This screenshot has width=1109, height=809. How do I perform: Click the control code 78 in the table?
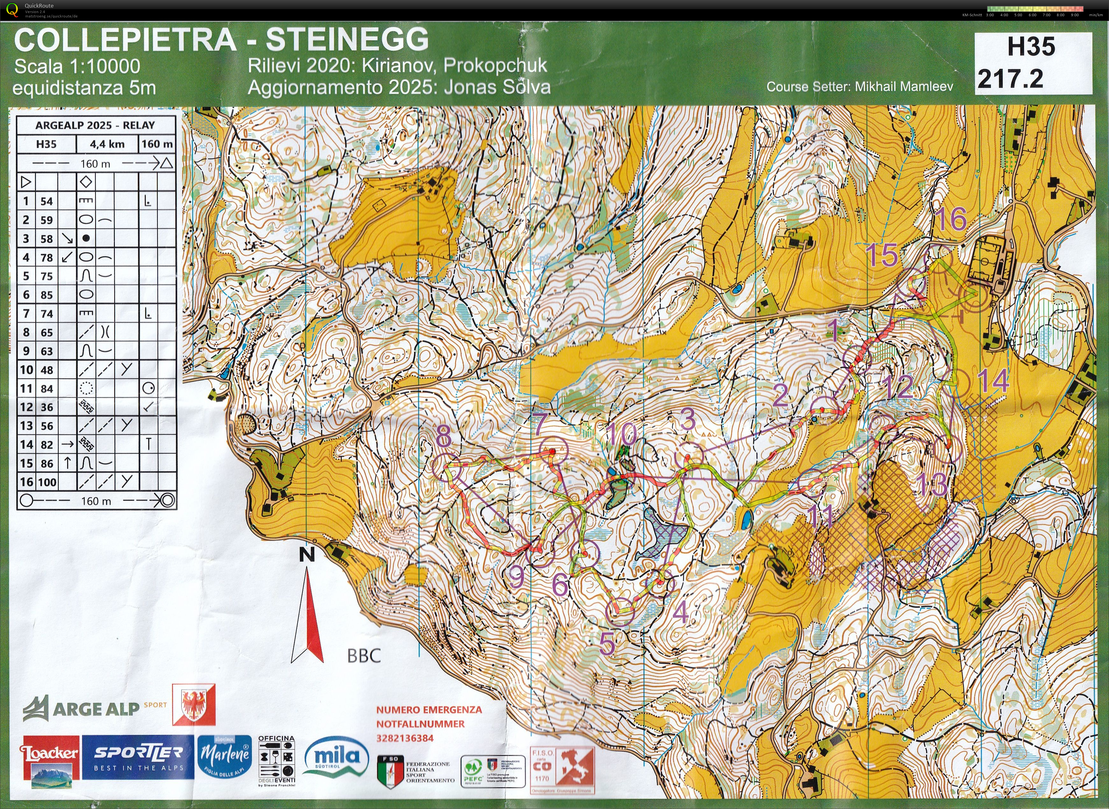click(46, 258)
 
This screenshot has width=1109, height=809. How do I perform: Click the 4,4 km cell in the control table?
click(107, 144)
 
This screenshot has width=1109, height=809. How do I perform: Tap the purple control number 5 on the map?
click(607, 644)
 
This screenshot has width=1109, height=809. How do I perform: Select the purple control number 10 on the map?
click(621, 434)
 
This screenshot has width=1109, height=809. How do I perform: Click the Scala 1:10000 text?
click(77, 66)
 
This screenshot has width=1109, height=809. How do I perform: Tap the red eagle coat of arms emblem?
click(193, 705)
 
